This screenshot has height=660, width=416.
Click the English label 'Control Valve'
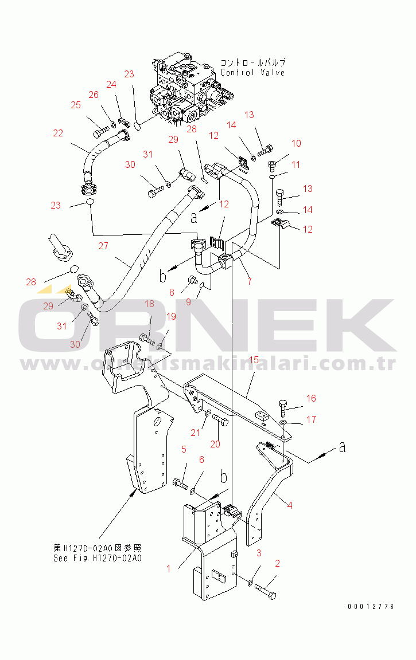(x=252, y=73)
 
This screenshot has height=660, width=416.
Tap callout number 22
(x=58, y=133)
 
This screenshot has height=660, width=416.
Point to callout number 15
(x=254, y=359)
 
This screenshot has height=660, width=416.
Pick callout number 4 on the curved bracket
(x=289, y=505)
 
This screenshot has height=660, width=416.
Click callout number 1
(x=169, y=568)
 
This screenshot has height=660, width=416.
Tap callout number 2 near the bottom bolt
(x=278, y=564)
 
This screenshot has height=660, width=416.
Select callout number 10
(x=296, y=143)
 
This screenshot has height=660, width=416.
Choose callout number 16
(x=310, y=398)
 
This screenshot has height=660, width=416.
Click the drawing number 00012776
(x=371, y=607)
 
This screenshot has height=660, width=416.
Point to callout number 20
(x=215, y=443)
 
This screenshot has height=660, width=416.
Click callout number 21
(x=196, y=433)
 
